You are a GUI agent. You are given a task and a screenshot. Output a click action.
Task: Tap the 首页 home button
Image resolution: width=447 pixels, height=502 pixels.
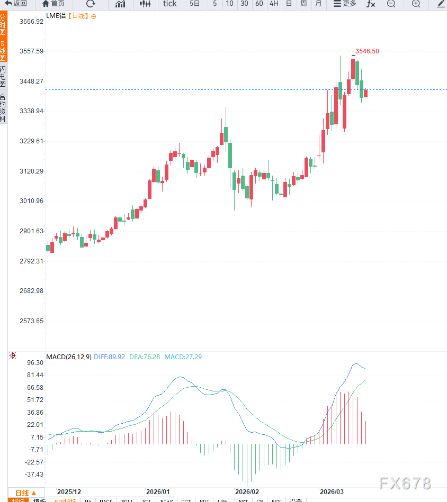pos(53,4)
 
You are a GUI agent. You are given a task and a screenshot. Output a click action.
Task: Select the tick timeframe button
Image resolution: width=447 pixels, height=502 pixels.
pos(170,4)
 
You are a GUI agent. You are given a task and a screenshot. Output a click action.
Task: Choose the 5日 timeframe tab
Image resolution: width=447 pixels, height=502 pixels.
pos(195,4)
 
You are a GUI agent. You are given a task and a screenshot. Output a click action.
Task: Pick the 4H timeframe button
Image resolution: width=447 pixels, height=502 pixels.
pos(274,4)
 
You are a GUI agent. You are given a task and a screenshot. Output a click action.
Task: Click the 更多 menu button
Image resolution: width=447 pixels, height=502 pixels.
pos(345,4)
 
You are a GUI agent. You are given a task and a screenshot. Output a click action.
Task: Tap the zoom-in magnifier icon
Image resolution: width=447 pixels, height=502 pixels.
pos(416,4)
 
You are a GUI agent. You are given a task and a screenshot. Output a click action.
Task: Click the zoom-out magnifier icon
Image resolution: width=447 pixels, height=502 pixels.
pos(391,4)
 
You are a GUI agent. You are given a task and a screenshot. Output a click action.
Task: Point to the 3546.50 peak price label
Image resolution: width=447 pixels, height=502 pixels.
pos(367,51)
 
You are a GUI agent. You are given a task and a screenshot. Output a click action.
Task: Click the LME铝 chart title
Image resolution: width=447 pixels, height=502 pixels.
pos(56,16)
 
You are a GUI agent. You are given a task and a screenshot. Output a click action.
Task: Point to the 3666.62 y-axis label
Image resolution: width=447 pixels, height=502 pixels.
pos(31,22)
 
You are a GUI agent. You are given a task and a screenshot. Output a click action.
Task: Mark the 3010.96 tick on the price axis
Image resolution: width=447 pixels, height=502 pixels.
pos(31,201)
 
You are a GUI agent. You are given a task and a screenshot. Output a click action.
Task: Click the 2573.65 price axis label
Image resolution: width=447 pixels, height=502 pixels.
pos(31,321)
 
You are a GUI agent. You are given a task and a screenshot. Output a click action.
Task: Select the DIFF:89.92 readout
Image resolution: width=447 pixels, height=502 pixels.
pos(109,357)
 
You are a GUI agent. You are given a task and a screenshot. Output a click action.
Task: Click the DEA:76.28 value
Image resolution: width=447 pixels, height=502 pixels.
pos(144,357)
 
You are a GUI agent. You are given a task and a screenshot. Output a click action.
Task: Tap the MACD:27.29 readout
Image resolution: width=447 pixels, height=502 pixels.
pos(183,357)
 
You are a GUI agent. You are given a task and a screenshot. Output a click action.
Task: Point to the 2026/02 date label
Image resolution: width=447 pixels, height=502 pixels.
pos(247,491)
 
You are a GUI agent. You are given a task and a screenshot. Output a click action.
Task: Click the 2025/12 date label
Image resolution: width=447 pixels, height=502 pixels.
pos(69,491)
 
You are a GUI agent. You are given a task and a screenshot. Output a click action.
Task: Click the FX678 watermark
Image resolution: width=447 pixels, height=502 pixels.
pos(405,483)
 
